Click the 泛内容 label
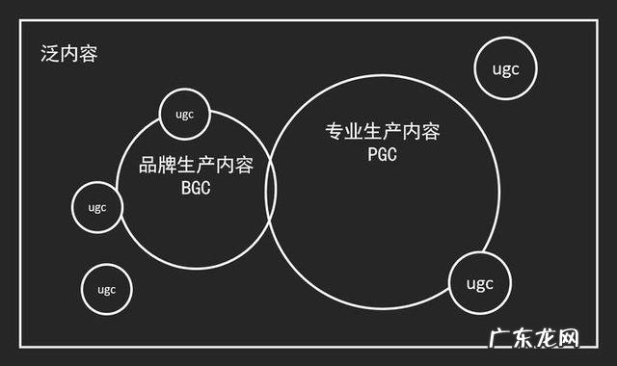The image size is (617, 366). pos(68,53)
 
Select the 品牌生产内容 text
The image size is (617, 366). pos(197,166)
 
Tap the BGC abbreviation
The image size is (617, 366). pos(196,188)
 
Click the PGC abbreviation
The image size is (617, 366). pos(383,154)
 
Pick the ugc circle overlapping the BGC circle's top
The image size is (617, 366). pos(184,115)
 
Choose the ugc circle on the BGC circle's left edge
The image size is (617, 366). pos(97,206)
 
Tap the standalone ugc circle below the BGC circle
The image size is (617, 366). pos(106,289)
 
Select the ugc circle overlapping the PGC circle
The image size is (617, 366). pos(479,283)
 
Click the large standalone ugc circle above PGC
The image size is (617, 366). pos(506,68)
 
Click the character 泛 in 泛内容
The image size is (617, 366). pos(49,53)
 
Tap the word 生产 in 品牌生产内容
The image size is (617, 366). pos(197,166)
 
